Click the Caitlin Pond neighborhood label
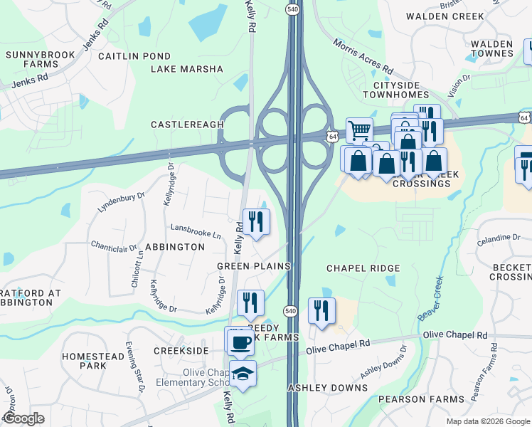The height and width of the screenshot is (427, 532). point(134,56)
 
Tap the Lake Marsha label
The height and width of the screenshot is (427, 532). point(187,70)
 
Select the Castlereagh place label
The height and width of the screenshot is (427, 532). point(187,125)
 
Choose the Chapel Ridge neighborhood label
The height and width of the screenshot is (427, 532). point(363,268)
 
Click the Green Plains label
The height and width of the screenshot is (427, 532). point(254,266)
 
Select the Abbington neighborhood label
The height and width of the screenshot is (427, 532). point(174,247)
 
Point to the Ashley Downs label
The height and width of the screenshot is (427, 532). point(327,388)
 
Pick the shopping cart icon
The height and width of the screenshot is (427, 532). point(360,130)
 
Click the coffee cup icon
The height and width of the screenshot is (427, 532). point(240,342)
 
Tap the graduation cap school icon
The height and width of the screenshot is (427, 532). point(243,374)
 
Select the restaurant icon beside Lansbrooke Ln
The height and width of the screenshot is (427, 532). point(256,221)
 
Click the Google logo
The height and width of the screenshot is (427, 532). point(24,418)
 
